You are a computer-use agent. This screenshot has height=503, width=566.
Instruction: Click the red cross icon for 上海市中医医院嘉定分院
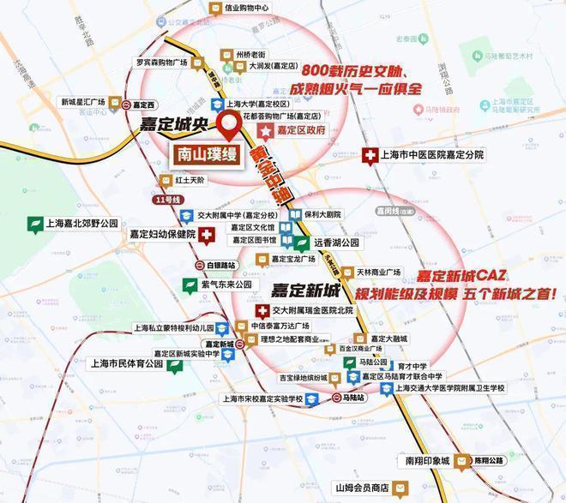click(370, 155)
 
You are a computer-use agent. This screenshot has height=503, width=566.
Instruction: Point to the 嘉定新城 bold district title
click(306, 289)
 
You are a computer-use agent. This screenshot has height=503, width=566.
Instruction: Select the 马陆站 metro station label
click(355, 398)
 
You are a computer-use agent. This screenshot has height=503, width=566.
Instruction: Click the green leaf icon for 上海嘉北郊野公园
click(35, 225)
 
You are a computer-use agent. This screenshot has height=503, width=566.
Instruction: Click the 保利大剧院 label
click(322, 214)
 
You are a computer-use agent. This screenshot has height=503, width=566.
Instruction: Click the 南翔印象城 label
click(427, 460)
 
